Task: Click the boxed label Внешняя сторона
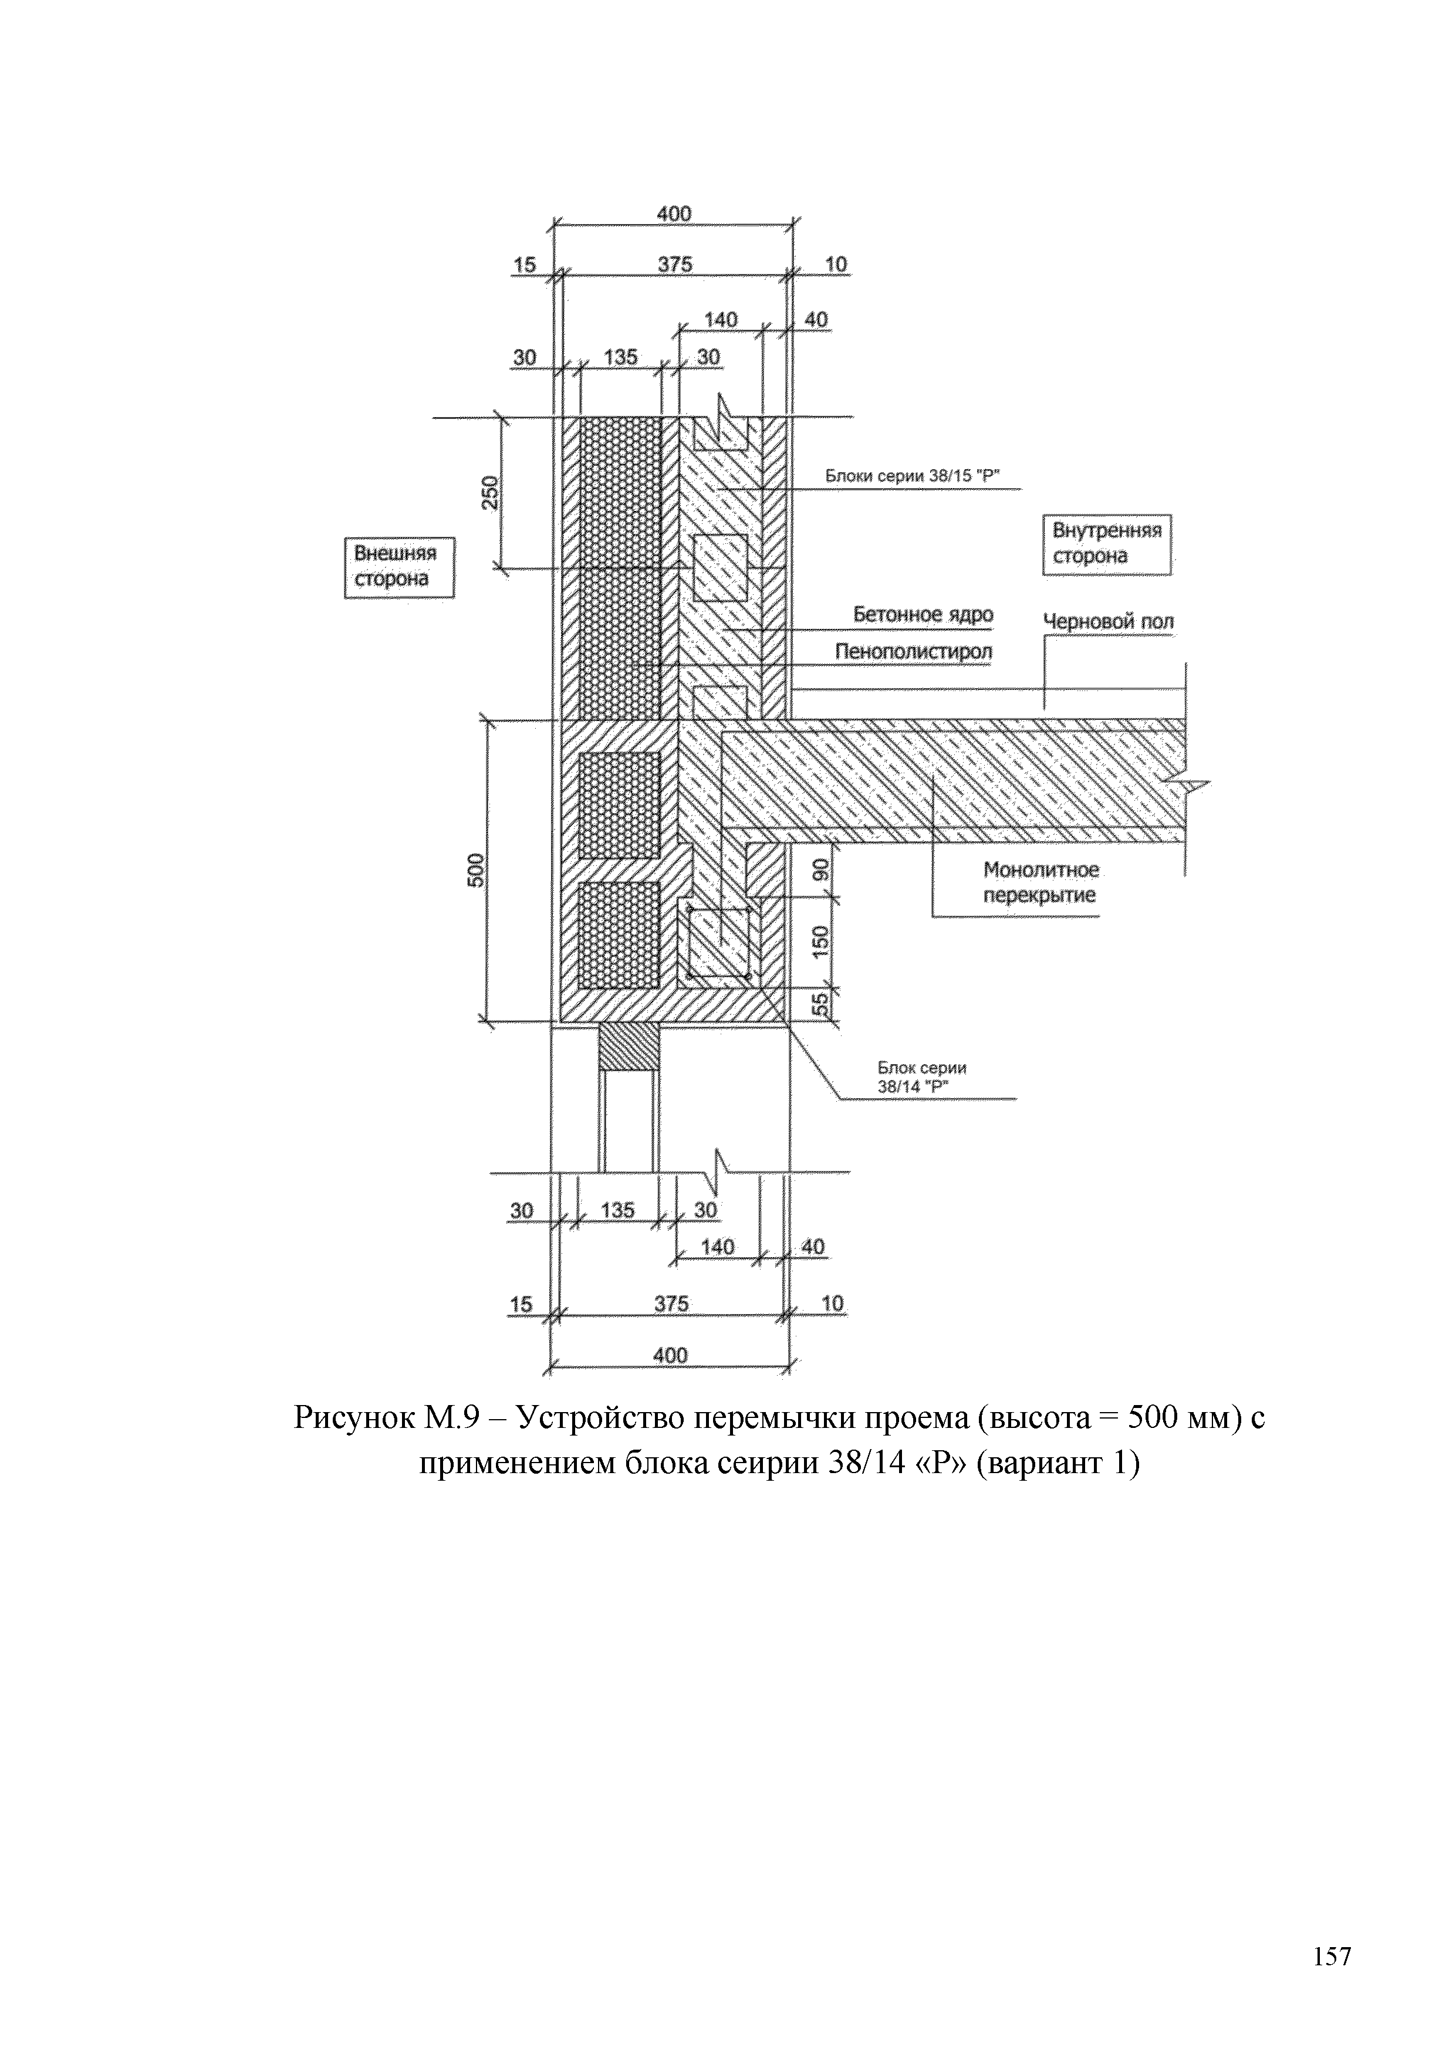(x=399, y=567)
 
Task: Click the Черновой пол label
(x=1108, y=621)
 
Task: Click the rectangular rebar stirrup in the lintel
(x=718, y=942)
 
